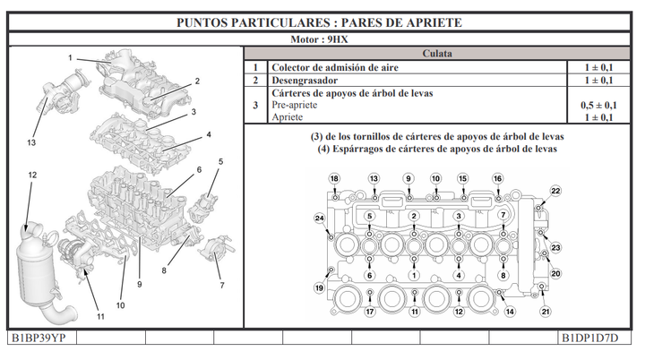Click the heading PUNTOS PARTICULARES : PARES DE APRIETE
coord(321,21)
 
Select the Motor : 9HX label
coord(321,40)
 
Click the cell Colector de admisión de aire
coord(334,68)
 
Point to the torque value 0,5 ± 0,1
coord(598,105)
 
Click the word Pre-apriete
coord(297,105)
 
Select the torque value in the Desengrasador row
coord(598,81)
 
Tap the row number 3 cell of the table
coord(255,105)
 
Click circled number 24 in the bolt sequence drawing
coord(319,219)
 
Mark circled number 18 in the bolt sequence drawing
coord(334,179)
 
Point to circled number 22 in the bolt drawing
coord(555,191)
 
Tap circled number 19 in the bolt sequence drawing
coord(319,287)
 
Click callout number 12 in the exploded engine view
coord(32,175)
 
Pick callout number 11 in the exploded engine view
coord(100,316)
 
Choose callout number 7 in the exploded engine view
coord(220,285)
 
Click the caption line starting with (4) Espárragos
coord(437,149)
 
